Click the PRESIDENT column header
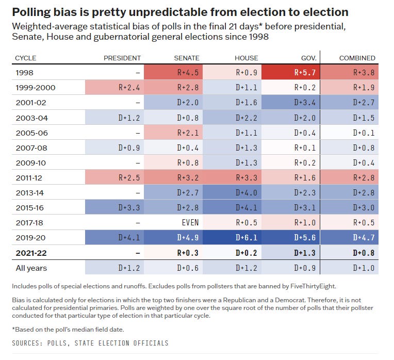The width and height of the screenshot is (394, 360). (x=123, y=58)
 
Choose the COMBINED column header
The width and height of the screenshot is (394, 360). (x=357, y=58)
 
